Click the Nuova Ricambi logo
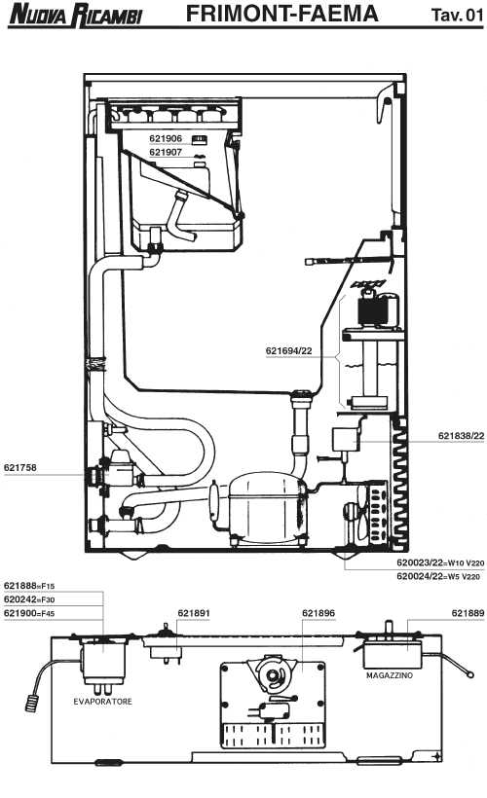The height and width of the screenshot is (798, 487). [75, 15]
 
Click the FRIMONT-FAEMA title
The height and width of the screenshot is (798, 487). [281, 14]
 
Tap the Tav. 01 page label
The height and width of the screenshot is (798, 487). [457, 15]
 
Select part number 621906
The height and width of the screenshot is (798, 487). [166, 138]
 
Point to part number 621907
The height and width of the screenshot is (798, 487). [166, 152]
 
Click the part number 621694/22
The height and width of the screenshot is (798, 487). [289, 350]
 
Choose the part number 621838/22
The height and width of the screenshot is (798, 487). [461, 436]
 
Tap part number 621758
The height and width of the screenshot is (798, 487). [20, 467]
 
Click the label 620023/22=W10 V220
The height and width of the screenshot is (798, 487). [440, 562]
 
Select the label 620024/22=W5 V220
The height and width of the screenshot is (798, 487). [438, 577]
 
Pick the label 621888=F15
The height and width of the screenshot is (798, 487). [29, 586]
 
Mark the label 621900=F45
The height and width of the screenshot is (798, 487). [29, 613]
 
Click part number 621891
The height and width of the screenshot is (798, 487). [194, 613]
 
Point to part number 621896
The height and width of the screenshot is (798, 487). [318, 613]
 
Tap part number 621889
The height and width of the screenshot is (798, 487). [468, 613]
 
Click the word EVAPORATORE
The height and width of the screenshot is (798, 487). [102, 702]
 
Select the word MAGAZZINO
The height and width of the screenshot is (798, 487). [390, 675]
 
